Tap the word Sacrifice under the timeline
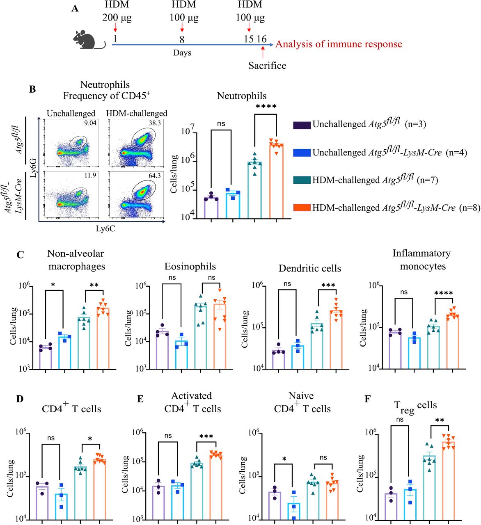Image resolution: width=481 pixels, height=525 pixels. coord(267,65)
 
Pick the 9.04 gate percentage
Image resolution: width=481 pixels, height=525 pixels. coord(90,123)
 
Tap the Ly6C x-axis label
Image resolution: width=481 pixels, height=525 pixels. coord(105,229)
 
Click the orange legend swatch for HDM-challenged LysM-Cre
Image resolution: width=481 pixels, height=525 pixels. coord(302,208)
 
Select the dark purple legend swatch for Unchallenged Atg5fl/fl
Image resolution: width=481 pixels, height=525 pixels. coord(302,124)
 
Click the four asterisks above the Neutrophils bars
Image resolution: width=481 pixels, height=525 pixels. coord(266,107)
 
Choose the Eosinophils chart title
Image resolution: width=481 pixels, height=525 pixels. coord(190,267)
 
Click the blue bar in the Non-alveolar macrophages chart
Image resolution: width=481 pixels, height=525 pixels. coord(64,353)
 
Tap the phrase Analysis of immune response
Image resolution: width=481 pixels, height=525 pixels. coord(339,44)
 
